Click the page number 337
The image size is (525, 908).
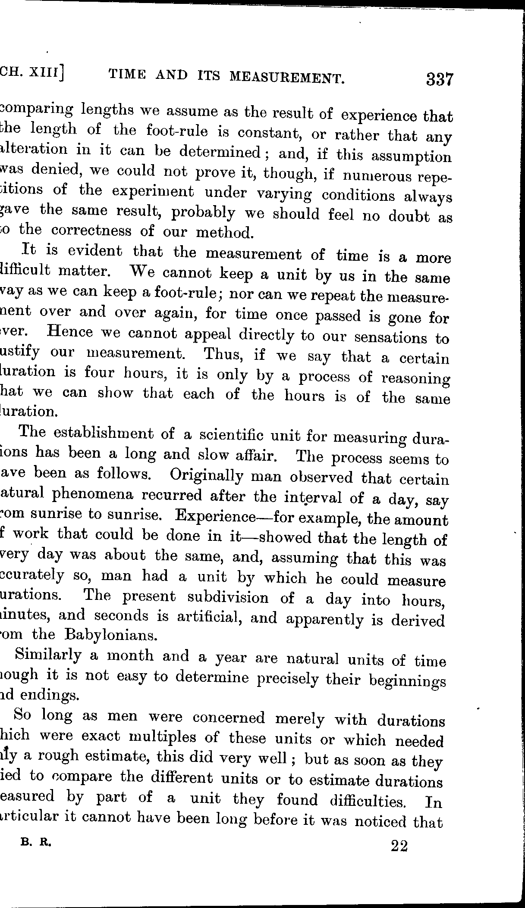coord(440,80)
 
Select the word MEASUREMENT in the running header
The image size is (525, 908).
coord(287,77)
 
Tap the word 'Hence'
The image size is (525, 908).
coord(71,332)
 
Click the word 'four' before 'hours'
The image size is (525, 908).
coord(98,372)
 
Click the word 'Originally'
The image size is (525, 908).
coord(207,476)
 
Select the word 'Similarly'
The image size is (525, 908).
coord(48,655)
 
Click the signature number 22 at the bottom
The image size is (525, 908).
coord(399,846)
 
